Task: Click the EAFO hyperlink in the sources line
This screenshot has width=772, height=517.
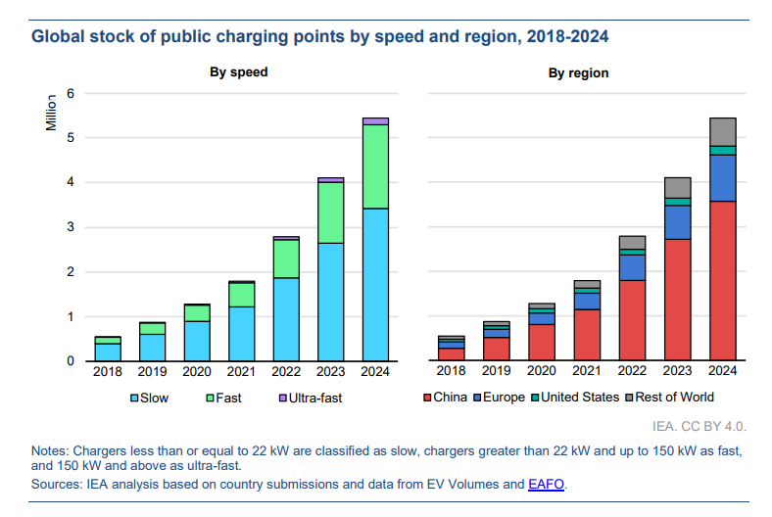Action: [547, 484]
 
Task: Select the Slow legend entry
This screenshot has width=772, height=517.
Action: [151, 398]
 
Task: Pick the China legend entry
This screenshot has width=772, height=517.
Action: [449, 398]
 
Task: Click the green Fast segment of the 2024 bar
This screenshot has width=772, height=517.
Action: [375, 166]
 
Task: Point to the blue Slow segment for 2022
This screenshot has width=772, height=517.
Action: [286, 319]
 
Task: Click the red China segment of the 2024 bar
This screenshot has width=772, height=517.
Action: [722, 281]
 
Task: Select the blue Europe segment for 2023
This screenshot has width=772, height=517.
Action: [678, 222]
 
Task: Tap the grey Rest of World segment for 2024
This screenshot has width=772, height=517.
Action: [722, 131]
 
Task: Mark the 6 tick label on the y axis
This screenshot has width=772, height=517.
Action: [71, 93]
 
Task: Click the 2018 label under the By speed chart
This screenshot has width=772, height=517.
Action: [108, 372]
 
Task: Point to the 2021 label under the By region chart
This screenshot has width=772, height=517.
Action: [588, 372]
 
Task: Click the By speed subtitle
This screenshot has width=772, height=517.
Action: [238, 72]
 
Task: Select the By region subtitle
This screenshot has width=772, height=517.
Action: [578, 72]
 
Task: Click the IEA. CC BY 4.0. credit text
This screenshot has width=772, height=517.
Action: [699, 427]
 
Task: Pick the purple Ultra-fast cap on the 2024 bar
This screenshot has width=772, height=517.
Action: [375, 120]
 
